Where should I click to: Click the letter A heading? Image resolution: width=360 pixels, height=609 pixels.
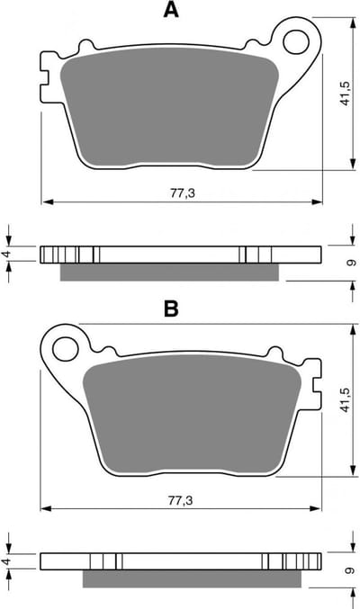tap(171, 10)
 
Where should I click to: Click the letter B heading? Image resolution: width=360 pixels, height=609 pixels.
tap(171, 309)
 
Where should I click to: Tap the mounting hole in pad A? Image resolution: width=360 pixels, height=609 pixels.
tap(296, 42)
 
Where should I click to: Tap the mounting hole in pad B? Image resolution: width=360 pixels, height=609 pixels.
tap(66, 349)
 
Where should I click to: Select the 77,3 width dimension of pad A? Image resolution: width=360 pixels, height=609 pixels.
tap(183, 193)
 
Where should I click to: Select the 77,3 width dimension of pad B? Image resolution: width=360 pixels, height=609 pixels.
tap(180, 500)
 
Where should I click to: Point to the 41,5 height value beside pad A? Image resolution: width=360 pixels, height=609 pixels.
tap(345, 94)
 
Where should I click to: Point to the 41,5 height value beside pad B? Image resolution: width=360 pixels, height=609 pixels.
tap(345, 400)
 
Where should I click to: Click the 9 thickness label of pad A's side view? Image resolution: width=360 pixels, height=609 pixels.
tap(351, 263)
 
